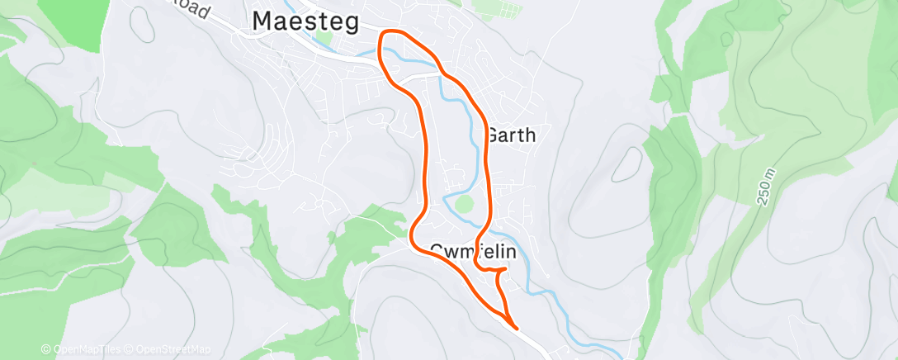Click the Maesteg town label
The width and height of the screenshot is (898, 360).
click(x=305, y=22)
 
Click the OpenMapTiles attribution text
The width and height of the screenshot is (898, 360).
click(x=83, y=349)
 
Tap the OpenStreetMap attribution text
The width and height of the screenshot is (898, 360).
click(x=171, y=349)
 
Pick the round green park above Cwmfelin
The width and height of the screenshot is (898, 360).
click(x=463, y=204)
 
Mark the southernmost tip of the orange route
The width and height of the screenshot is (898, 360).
click(x=517, y=328)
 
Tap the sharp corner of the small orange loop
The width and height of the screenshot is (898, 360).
click(x=505, y=270)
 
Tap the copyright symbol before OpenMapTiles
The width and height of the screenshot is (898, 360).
click(x=46, y=349)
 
